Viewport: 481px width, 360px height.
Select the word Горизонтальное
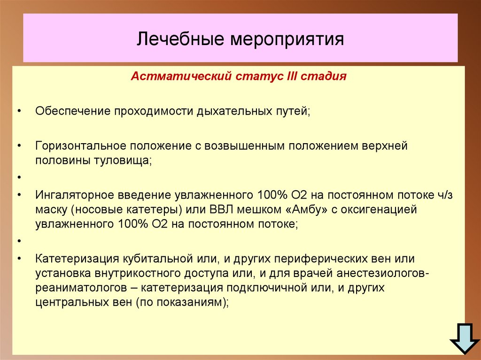point(78,146)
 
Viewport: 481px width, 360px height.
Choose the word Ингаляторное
point(74,195)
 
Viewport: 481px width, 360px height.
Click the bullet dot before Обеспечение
point(19,112)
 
